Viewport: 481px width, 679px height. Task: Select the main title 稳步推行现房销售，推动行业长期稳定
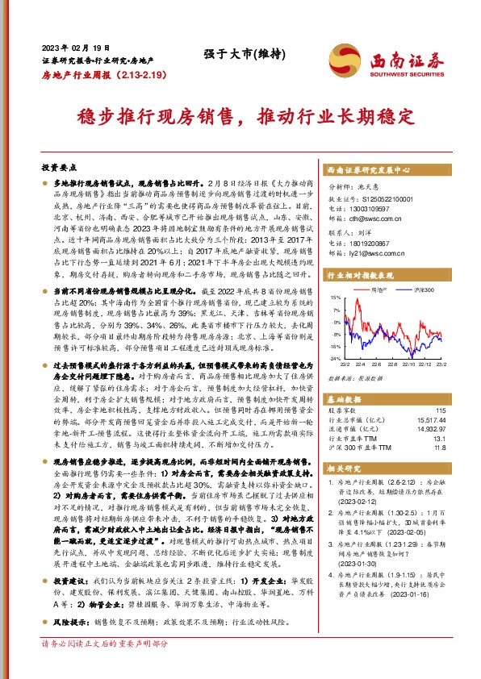coord(240,115)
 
